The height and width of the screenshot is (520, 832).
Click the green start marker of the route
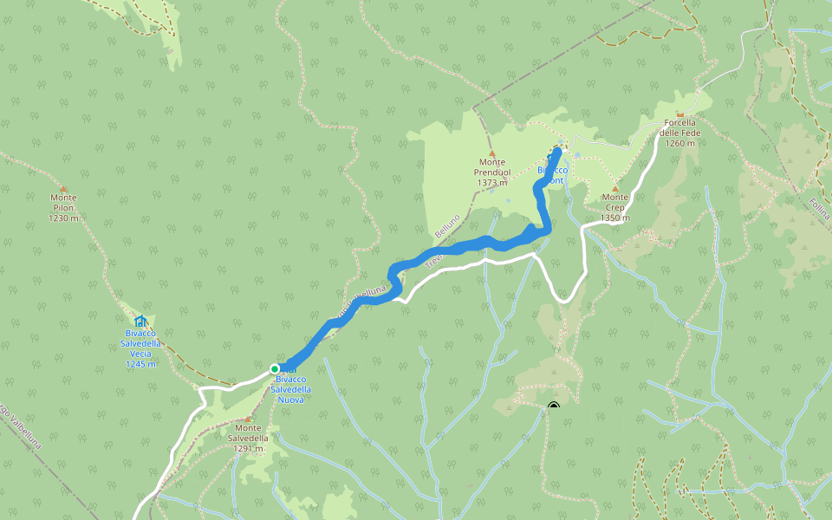275,368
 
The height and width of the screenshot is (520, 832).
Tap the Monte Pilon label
63,203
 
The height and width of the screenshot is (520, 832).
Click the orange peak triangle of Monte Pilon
63,188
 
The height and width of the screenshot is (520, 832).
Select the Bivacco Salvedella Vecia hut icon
140,322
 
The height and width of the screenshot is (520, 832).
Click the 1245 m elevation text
140,364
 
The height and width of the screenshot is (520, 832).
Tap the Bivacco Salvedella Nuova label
290,385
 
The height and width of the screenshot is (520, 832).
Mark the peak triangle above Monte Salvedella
247,419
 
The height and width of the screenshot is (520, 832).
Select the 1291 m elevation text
248,449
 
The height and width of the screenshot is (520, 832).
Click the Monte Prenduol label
491,167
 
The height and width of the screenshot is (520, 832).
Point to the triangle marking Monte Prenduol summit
491,153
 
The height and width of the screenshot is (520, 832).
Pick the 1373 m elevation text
491,183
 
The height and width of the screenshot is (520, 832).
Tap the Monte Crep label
614,198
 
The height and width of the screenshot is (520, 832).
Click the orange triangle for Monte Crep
614,188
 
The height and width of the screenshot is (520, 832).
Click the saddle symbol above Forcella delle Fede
680,114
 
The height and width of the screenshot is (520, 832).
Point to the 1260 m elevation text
680,143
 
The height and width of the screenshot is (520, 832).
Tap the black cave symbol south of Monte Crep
554,406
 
